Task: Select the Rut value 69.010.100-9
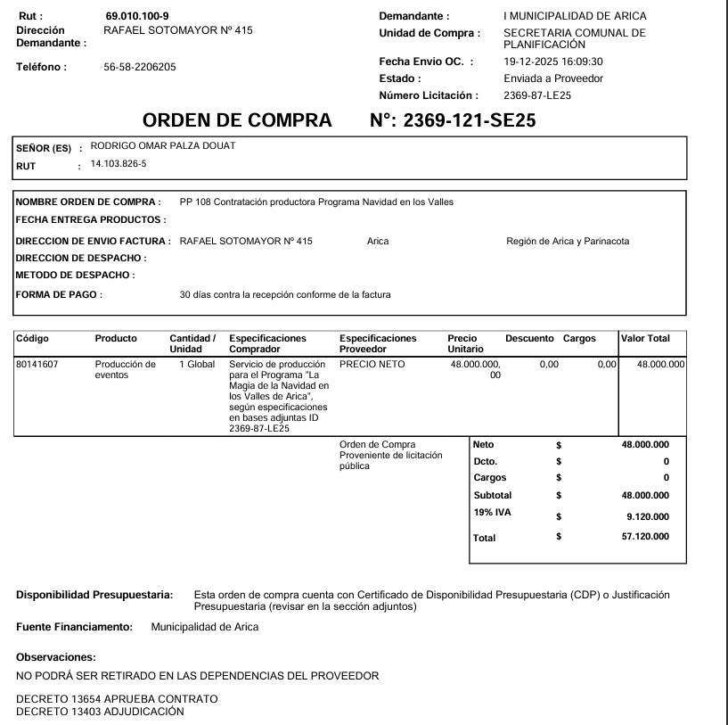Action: coord(136,16)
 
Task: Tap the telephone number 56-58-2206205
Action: coord(140,67)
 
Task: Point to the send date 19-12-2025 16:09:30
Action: coord(553,62)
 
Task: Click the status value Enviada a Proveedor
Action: coord(553,78)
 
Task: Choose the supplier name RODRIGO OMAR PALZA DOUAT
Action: coord(163,146)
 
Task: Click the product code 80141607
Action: coord(37,364)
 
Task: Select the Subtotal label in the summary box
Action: coord(492,495)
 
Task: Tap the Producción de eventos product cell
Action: coord(125,369)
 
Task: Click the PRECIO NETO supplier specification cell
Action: coord(372,364)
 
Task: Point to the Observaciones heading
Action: coord(55,657)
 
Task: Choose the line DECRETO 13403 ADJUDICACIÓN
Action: coord(100,712)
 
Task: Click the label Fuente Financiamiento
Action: coord(74,627)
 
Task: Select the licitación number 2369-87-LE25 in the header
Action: coord(536,95)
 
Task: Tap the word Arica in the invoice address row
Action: coord(378,241)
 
